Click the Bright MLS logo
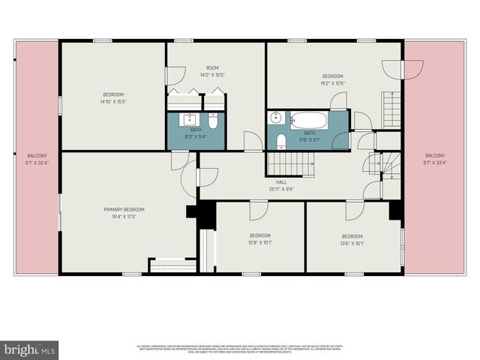point(30,349)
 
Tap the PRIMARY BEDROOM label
point(124,209)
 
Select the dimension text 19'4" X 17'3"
point(124,217)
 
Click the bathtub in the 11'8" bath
point(307,120)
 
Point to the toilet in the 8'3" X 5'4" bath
point(212,121)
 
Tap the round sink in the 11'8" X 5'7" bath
point(276,118)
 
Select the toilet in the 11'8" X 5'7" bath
point(279,140)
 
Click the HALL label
point(281,182)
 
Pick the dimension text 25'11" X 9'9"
point(281,189)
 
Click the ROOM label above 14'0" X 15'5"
point(213,67)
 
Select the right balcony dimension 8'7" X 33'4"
point(434,163)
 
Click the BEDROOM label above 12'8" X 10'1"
point(259,235)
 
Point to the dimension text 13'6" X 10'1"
point(352,243)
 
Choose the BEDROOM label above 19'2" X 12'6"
point(332,76)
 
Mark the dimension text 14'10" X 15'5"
point(113,101)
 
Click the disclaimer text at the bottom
point(240,348)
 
